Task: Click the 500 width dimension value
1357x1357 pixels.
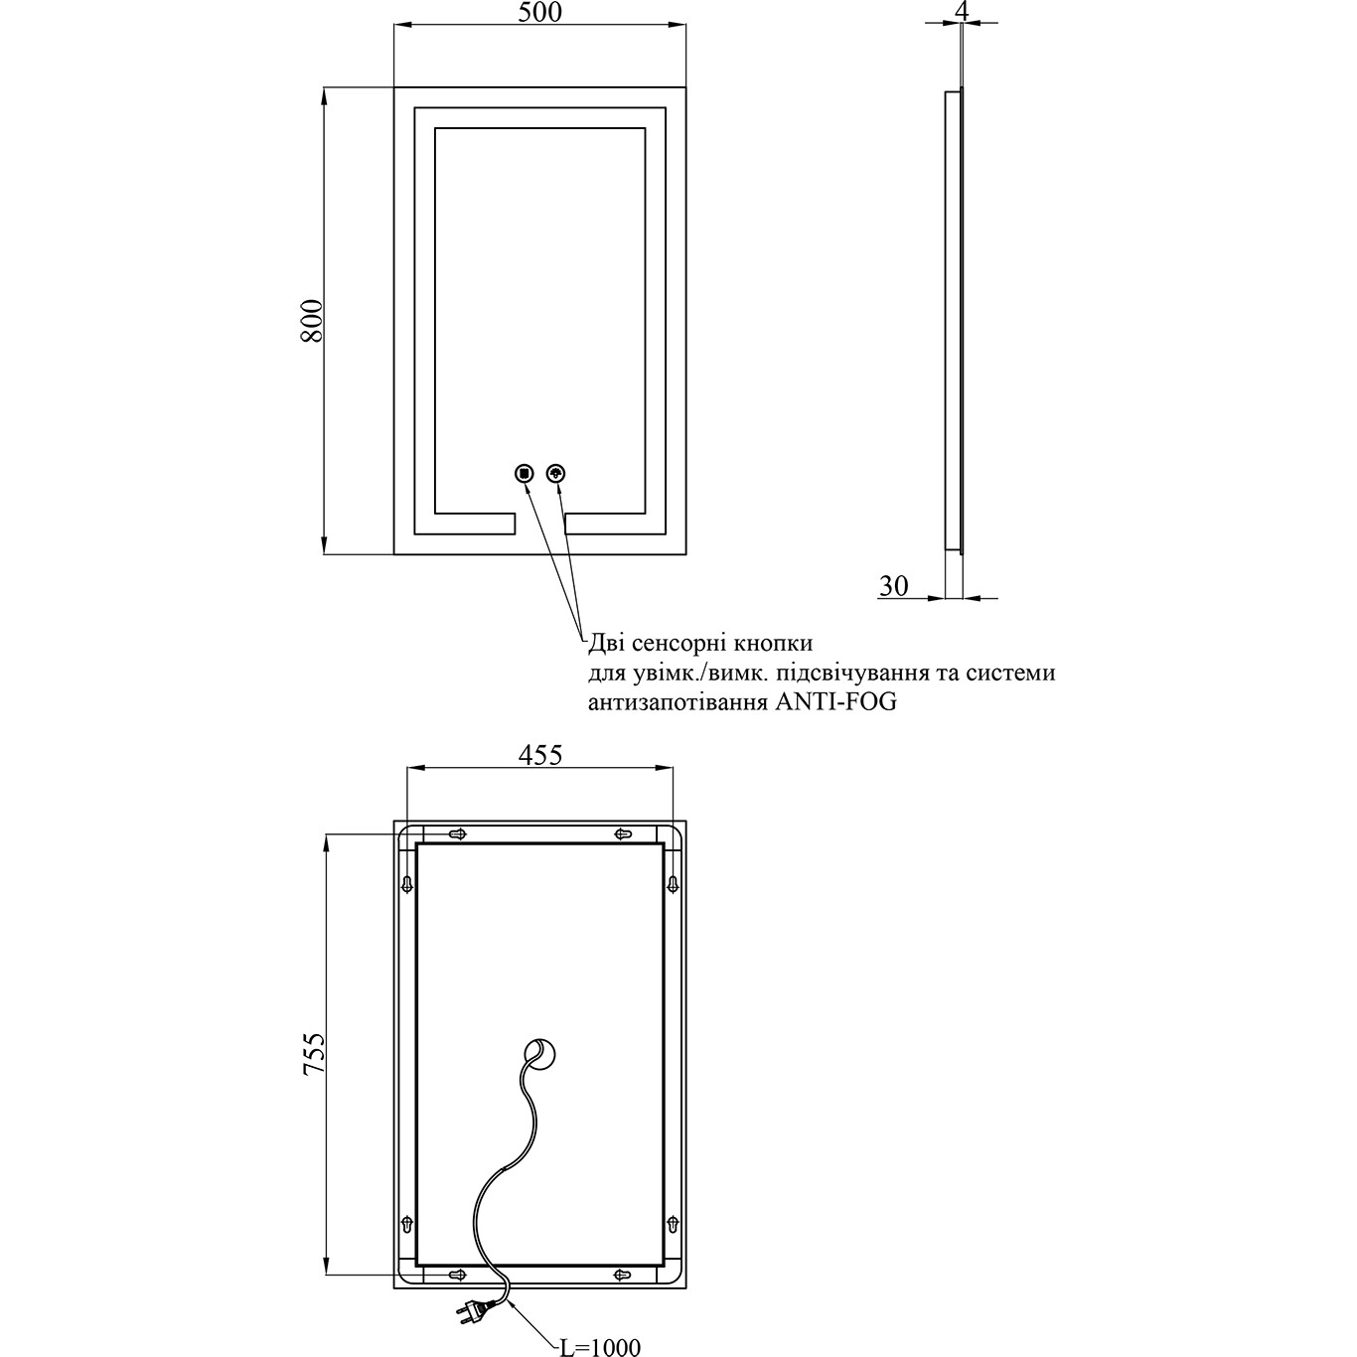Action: (539, 12)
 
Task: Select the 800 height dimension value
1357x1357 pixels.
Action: (311, 320)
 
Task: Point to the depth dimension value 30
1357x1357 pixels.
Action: (893, 587)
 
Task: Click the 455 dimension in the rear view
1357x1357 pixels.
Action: (540, 755)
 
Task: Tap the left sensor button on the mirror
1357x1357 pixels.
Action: (524, 474)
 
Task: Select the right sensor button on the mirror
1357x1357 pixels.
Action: (556, 474)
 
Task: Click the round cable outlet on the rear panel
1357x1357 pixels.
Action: (542, 1054)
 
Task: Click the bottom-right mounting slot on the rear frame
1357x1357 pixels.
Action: (623, 1274)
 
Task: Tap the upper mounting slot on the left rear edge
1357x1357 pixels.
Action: (407, 883)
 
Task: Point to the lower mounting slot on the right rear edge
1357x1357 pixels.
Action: (673, 1224)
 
